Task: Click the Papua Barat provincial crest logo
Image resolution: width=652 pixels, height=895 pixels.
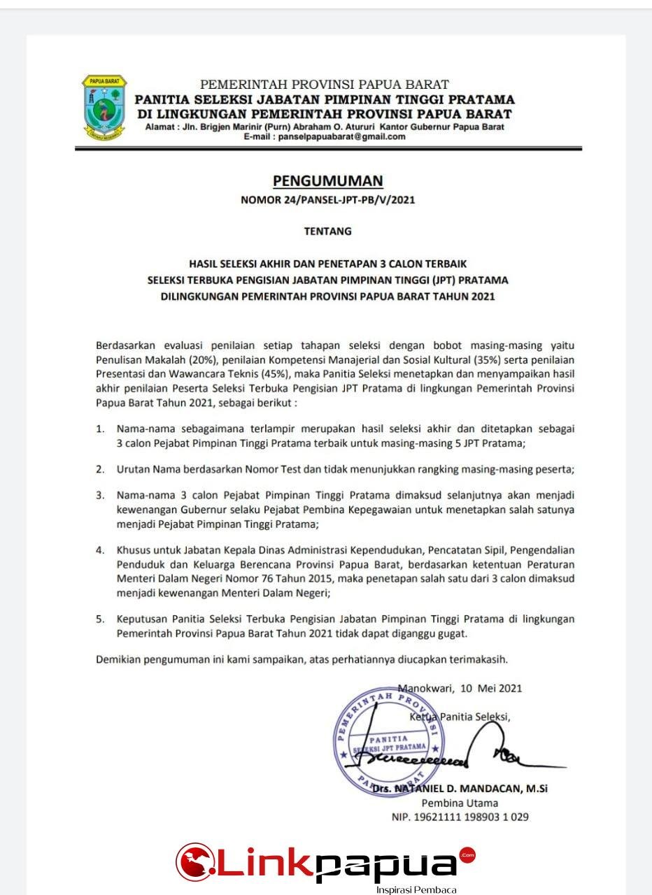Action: (x=105, y=106)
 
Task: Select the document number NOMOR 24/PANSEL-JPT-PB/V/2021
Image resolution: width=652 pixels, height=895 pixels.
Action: (x=327, y=200)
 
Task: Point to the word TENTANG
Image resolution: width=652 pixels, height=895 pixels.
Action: (x=328, y=230)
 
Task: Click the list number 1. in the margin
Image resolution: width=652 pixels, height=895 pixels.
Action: (x=101, y=429)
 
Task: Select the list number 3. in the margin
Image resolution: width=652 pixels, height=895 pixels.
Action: (x=101, y=496)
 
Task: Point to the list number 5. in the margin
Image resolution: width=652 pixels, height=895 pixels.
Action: (x=101, y=619)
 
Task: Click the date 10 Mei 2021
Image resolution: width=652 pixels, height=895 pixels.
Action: (x=491, y=688)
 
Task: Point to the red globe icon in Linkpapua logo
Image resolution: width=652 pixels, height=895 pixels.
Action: (x=194, y=862)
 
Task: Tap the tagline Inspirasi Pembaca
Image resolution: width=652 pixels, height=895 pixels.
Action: (x=416, y=889)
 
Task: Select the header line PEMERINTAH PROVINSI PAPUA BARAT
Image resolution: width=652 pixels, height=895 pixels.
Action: (x=324, y=85)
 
